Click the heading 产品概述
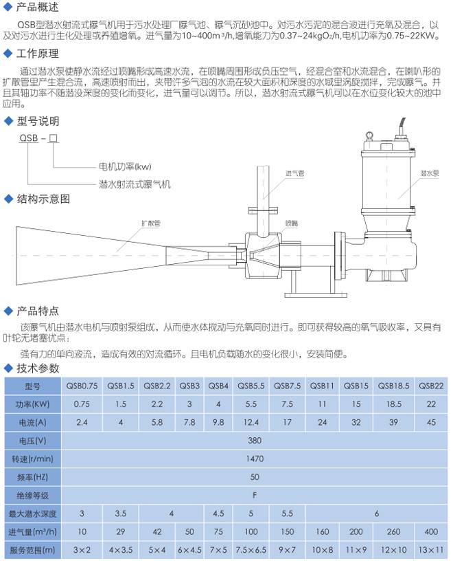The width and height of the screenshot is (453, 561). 37,7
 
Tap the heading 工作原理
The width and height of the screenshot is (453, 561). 38,54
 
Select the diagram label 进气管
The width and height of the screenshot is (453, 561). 294,173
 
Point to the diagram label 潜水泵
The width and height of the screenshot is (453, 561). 429,173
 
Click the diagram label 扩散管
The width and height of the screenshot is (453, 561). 151,223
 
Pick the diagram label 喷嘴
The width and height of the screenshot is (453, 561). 292,223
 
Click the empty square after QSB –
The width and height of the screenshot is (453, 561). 54,138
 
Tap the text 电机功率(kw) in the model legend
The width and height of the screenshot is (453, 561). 125,167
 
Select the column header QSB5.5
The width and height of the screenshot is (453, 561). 251,386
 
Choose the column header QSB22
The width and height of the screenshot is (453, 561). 431,386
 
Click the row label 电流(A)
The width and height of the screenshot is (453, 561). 32,423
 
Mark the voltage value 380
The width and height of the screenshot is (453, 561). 255,441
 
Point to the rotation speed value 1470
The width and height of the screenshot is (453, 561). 255,459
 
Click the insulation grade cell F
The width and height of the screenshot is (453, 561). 255,496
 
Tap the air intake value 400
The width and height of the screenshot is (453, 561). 431,532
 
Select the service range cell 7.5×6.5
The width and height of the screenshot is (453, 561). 251,550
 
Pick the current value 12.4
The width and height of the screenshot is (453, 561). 251,423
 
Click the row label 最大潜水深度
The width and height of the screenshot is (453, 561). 32,514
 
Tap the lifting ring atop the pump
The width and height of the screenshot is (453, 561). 369,135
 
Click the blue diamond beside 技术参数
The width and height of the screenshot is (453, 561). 8,368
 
